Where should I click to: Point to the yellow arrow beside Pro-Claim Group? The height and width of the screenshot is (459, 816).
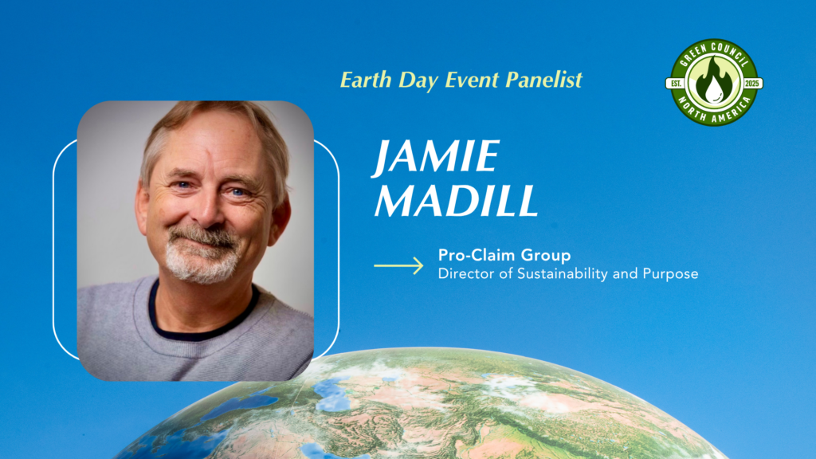[398, 265]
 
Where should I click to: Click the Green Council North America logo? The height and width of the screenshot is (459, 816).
[713, 82]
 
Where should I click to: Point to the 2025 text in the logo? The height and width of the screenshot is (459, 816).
[751, 83]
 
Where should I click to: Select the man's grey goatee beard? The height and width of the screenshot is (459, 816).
[201, 263]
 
